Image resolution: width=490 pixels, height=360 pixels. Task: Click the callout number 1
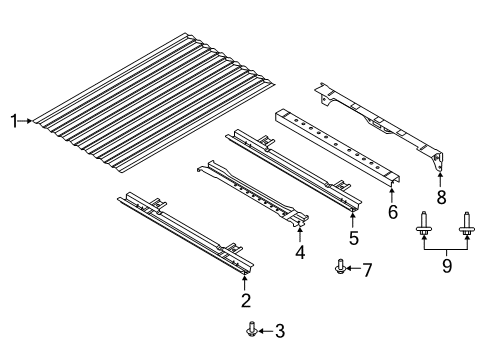click(x=14, y=122)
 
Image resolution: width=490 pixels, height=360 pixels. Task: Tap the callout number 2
click(x=245, y=300)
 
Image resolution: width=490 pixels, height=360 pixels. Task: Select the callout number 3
click(x=280, y=331)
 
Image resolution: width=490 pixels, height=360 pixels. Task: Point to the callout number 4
click(x=299, y=253)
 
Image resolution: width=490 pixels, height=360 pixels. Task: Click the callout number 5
click(x=352, y=238)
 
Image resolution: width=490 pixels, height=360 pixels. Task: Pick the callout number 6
click(x=393, y=212)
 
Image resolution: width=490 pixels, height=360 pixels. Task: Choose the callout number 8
click(x=441, y=196)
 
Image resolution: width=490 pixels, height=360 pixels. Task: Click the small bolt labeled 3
click(x=251, y=329)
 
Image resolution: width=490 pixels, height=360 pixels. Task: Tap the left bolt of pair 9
click(x=428, y=252)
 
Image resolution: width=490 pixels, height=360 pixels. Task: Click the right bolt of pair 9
click(x=467, y=252)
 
